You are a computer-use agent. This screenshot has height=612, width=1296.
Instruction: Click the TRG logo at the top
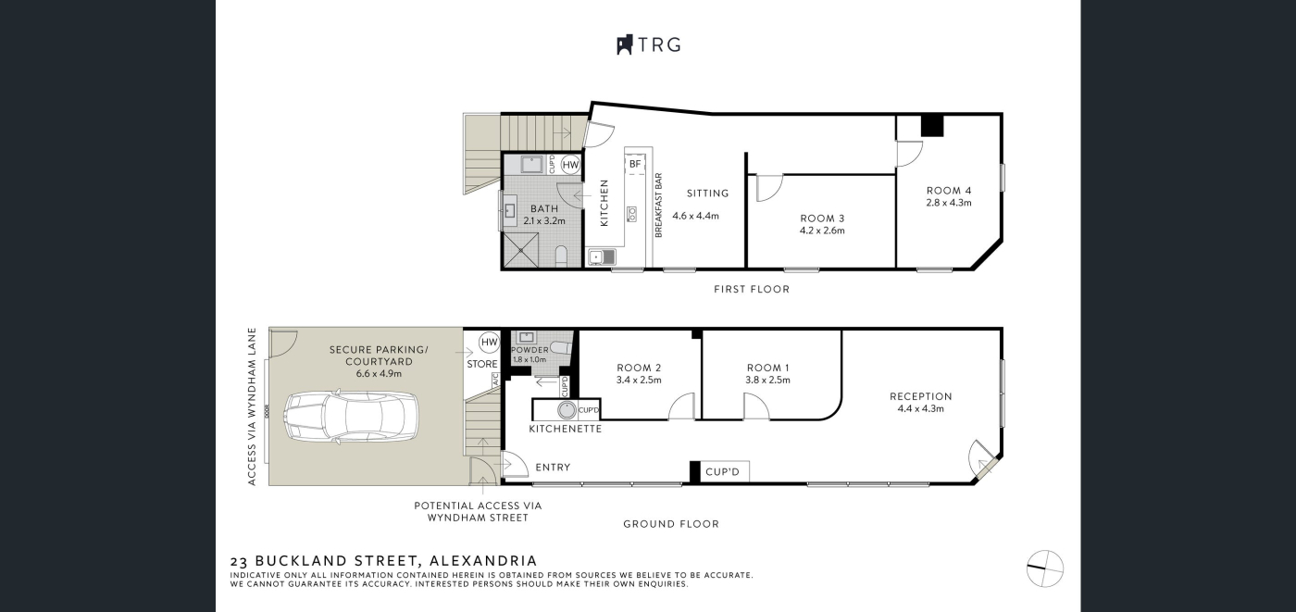point(649,44)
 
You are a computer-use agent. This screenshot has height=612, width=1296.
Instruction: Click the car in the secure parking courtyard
point(351,416)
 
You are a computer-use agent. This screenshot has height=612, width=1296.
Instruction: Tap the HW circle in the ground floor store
point(490,342)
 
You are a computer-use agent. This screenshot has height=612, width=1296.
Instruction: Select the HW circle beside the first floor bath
point(570,165)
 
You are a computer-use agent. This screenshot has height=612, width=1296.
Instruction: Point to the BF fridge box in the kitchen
point(635,164)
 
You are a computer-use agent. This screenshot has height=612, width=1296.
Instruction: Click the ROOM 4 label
point(949,191)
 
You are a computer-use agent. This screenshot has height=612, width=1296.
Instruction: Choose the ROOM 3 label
point(822,219)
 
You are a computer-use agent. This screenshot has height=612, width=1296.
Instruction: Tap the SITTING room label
point(707,194)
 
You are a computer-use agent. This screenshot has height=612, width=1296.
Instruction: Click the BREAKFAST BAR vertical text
point(658,206)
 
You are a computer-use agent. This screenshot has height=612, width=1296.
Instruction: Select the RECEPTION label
point(920,396)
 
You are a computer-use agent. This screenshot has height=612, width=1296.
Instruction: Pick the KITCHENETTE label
point(566,429)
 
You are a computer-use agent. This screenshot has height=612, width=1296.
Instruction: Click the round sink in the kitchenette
point(567,410)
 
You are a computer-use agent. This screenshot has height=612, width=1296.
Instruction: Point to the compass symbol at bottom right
point(1045,568)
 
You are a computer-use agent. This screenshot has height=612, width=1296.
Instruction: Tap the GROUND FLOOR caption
point(671,524)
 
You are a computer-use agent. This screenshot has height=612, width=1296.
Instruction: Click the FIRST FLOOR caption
point(752,289)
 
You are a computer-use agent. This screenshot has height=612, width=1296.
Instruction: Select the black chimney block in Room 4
point(932,126)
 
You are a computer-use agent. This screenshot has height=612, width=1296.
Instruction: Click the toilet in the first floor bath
point(561,256)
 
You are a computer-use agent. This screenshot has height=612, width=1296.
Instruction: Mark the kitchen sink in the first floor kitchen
point(603,256)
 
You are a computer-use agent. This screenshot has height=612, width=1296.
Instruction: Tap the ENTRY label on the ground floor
point(554,468)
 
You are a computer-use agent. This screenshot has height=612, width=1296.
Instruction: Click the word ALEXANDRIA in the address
point(482,560)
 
